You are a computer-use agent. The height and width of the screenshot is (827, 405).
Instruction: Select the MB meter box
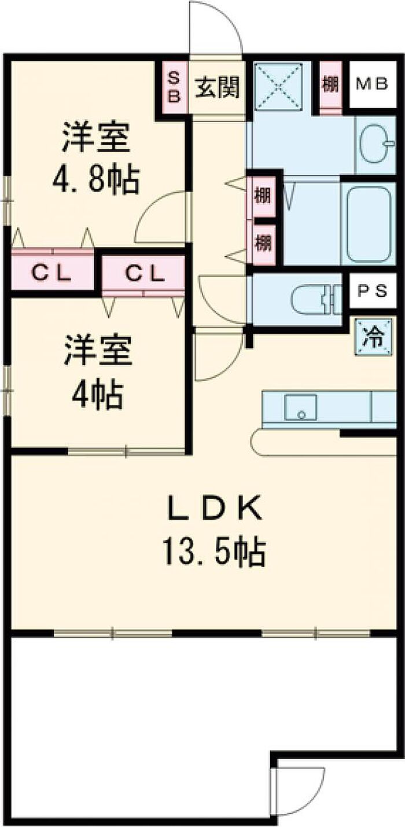click(x=371, y=84)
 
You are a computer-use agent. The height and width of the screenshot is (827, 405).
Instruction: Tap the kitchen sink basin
click(x=300, y=407)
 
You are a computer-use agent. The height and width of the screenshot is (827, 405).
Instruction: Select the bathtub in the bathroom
click(x=368, y=223)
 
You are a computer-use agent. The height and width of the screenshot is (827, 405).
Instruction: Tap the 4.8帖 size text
click(x=95, y=181)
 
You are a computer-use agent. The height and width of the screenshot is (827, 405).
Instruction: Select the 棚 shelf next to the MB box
click(x=330, y=86)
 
